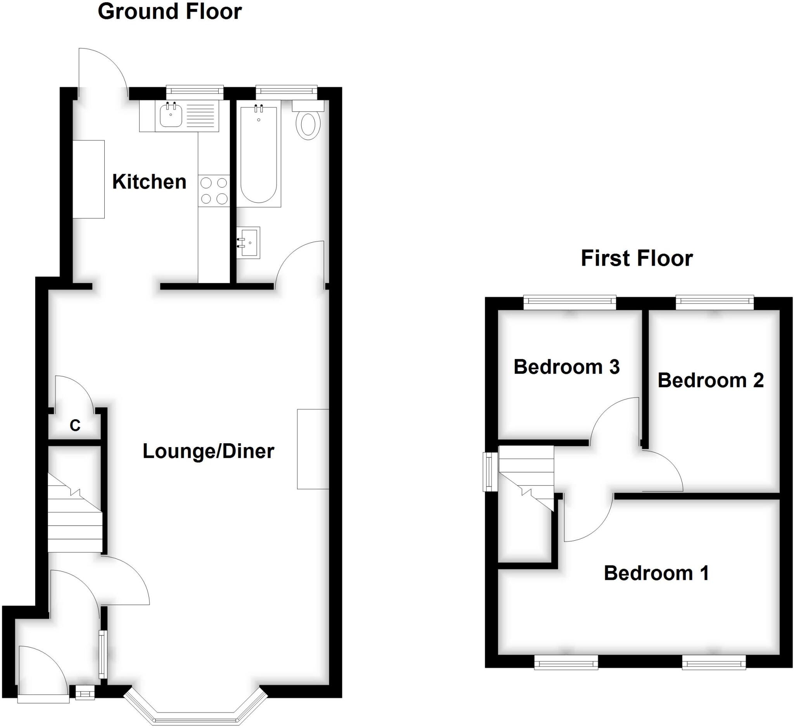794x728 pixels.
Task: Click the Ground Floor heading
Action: coord(169,12)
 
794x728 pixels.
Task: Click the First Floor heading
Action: coord(637,258)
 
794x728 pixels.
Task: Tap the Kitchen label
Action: coord(149,182)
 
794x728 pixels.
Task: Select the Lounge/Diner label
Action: coord(208,451)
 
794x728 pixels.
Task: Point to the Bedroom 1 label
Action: coord(656,573)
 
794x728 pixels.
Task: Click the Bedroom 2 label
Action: coord(711,380)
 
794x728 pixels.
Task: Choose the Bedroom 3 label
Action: coord(566,367)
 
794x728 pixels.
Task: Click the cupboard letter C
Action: coord(75,425)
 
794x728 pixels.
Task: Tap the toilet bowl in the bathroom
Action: coord(308,125)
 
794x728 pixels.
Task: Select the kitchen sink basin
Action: coord(170,115)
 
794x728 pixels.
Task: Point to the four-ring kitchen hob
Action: coord(214,191)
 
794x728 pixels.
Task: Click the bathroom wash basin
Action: coord(249,242)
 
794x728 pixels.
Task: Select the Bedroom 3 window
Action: coord(569,302)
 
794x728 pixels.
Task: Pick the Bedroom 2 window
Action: coord(715,302)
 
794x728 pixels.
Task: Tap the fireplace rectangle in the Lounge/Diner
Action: coord(313,449)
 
